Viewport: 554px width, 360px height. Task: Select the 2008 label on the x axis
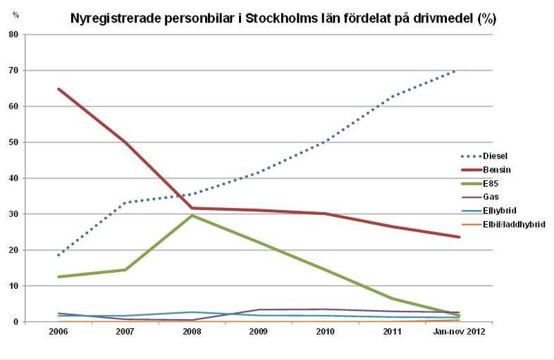click(192, 331)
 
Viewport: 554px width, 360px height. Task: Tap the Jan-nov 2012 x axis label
click(459, 331)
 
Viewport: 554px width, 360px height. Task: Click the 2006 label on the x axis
click(58, 331)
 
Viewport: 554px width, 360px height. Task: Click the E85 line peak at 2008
click(192, 216)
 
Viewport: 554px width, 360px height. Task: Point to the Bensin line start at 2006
click(58, 89)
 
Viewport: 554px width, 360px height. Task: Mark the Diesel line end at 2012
click(459, 70)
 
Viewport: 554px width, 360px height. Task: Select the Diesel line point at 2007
click(125, 203)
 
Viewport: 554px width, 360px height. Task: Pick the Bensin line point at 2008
click(192, 208)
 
